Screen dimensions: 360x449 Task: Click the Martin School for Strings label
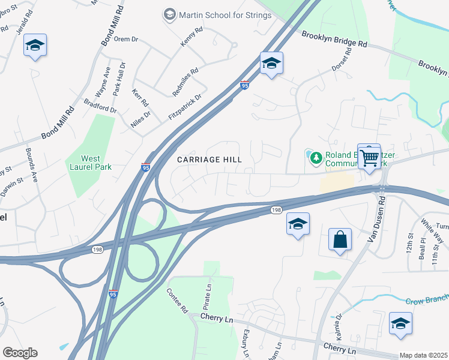(224, 15)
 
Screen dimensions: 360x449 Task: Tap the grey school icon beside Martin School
(170, 14)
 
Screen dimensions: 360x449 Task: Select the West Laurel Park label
(91, 163)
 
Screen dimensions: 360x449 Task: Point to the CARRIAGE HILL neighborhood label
(209, 160)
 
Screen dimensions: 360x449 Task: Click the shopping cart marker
(370, 158)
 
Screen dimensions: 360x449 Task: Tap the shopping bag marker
(340, 240)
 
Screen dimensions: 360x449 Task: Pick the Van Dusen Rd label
(375, 223)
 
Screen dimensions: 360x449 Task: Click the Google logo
(19, 353)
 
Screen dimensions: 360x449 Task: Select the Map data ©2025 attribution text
(423, 355)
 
